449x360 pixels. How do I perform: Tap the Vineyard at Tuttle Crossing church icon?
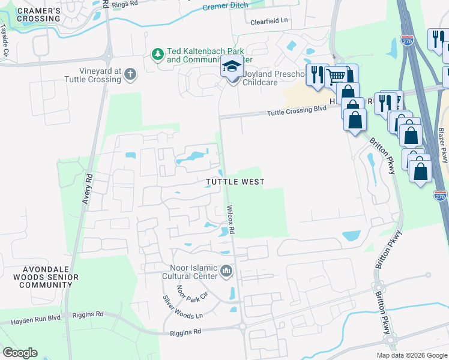[x=130, y=75]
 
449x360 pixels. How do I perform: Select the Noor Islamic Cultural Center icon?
[x=226, y=272]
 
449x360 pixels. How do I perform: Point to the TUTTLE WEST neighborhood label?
[x=235, y=181]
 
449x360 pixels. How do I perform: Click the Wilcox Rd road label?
[x=231, y=220]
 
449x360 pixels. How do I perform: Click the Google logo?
[x=20, y=353]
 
